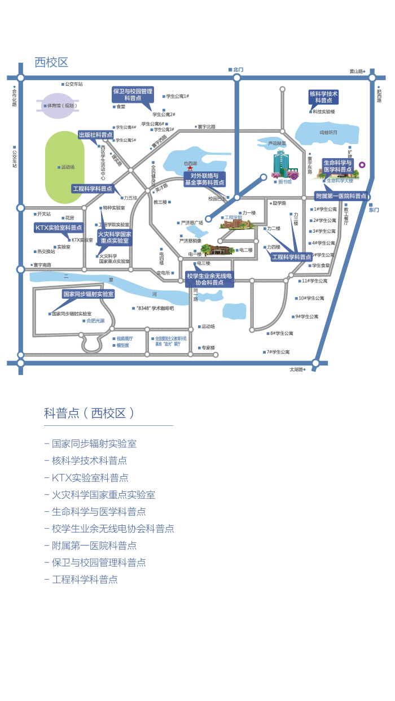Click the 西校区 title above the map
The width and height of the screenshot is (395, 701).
click(51, 62)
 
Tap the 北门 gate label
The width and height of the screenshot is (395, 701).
click(238, 69)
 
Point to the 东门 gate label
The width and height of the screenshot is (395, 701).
click(374, 210)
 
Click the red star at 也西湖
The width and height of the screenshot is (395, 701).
click(190, 169)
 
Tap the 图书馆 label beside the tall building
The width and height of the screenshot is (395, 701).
click(285, 182)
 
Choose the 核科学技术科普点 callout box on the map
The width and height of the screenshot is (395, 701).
click(323, 97)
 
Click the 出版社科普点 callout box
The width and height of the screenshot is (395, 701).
click(96, 135)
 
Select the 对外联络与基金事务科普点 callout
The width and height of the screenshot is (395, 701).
click(204, 179)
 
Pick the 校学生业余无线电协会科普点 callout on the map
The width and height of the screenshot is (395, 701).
click(209, 279)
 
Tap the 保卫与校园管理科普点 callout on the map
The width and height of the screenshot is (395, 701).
click(133, 94)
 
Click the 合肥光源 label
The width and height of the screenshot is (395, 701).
click(95, 321)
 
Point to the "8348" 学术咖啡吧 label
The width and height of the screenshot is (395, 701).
click(155, 308)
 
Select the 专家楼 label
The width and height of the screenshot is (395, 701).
click(208, 347)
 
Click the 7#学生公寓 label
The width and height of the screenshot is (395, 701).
click(278, 352)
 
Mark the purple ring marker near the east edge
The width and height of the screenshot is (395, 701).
click(362, 165)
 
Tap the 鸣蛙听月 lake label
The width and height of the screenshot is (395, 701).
click(328, 132)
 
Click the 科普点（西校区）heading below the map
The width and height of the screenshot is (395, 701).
click(89, 413)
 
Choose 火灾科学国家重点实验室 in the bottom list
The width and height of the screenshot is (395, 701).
click(103, 495)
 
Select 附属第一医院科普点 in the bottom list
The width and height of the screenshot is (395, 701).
click(94, 546)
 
